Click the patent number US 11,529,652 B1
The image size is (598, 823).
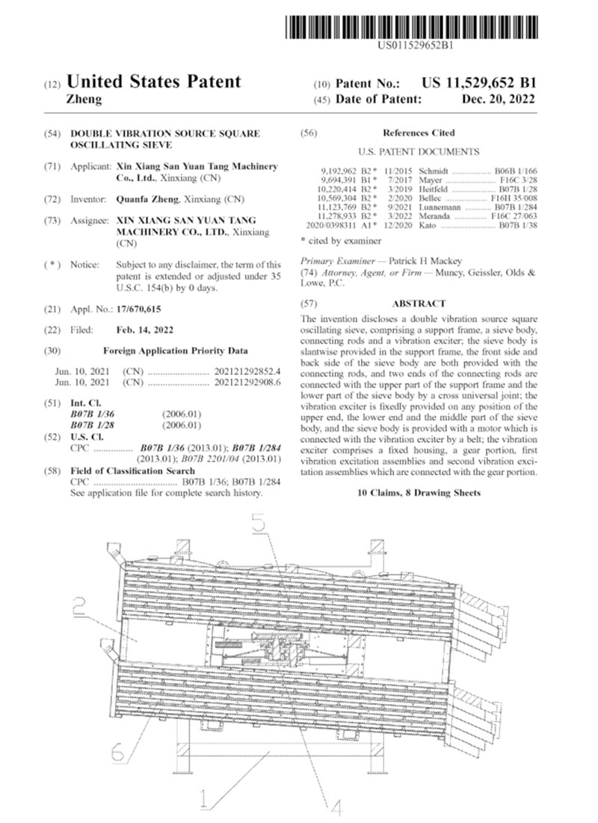[x=478, y=84]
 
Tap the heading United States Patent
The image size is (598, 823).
[x=154, y=82]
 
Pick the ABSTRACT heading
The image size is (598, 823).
[x=419, y=304]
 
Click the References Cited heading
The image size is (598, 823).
[x=419, y=132]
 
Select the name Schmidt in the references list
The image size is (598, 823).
[x=435, y=171]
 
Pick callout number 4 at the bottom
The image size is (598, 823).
[x=334, y=807]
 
